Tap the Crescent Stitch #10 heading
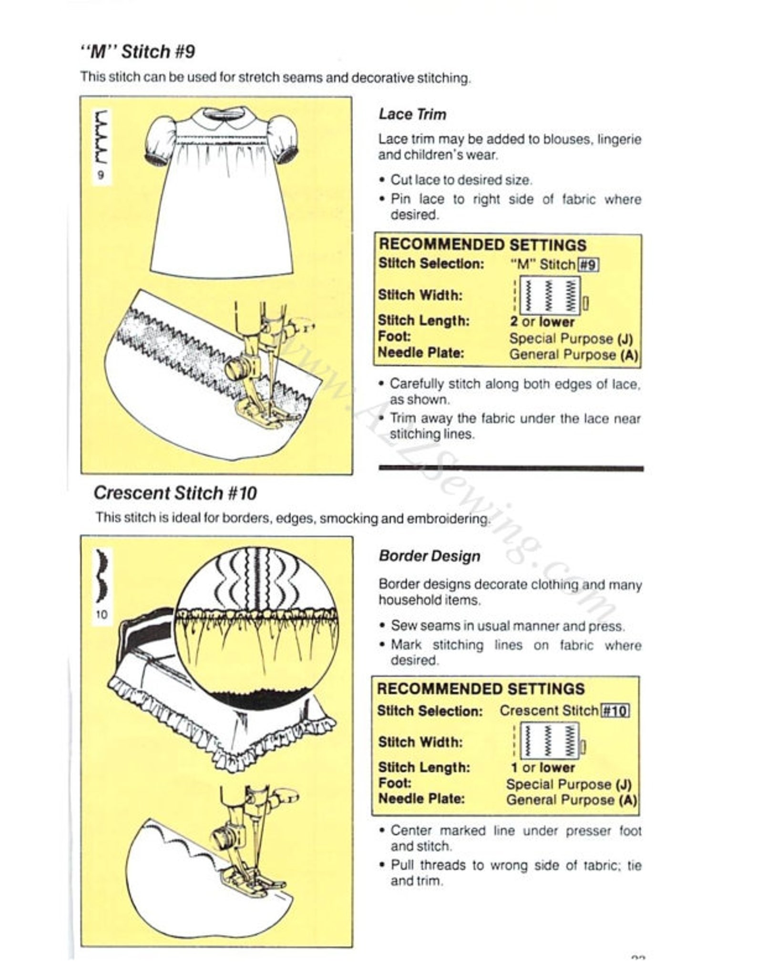point(175,493)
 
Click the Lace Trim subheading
point(412,114)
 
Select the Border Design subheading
point(430,556)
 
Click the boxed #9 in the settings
point(588,265)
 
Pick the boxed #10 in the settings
point(615,711)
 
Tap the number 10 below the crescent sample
point(102,615)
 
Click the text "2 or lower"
point(542,322)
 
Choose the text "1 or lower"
point(542,768)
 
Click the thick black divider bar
point(511,469)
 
